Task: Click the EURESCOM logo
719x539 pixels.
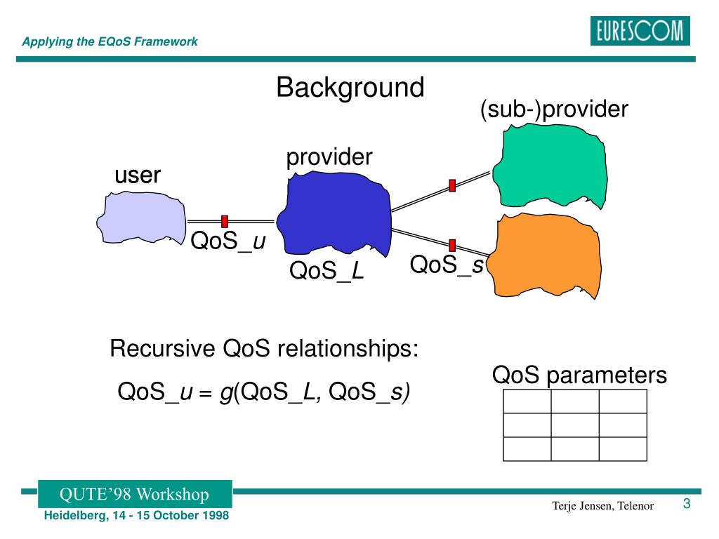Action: (x=640, y=32)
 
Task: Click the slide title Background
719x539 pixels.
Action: (x=350, y=88)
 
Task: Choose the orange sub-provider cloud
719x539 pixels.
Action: (x=547, y=255)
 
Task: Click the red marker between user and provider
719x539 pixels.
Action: (x=225, y=221)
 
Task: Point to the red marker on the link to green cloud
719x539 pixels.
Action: (x=452, y=185)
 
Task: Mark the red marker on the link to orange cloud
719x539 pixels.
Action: (x=452, y=245)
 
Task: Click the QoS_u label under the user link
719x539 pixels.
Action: (x=227, y=241)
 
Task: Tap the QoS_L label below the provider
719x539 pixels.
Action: (x=326, y=270)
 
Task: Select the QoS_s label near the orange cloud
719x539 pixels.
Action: (x=447, y=265)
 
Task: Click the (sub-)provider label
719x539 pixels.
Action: (x=553, y=110)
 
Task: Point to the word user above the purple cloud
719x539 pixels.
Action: (x=138, y=175)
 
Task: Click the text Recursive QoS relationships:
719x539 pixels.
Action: (x=264, y=348)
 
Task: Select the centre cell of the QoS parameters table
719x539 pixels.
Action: (x=574, y=425)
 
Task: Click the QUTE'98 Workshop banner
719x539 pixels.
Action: (x=134, y=494)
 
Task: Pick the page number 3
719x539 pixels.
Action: (x=686, y=504)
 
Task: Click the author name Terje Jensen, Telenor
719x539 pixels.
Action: (x=602, y=506)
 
